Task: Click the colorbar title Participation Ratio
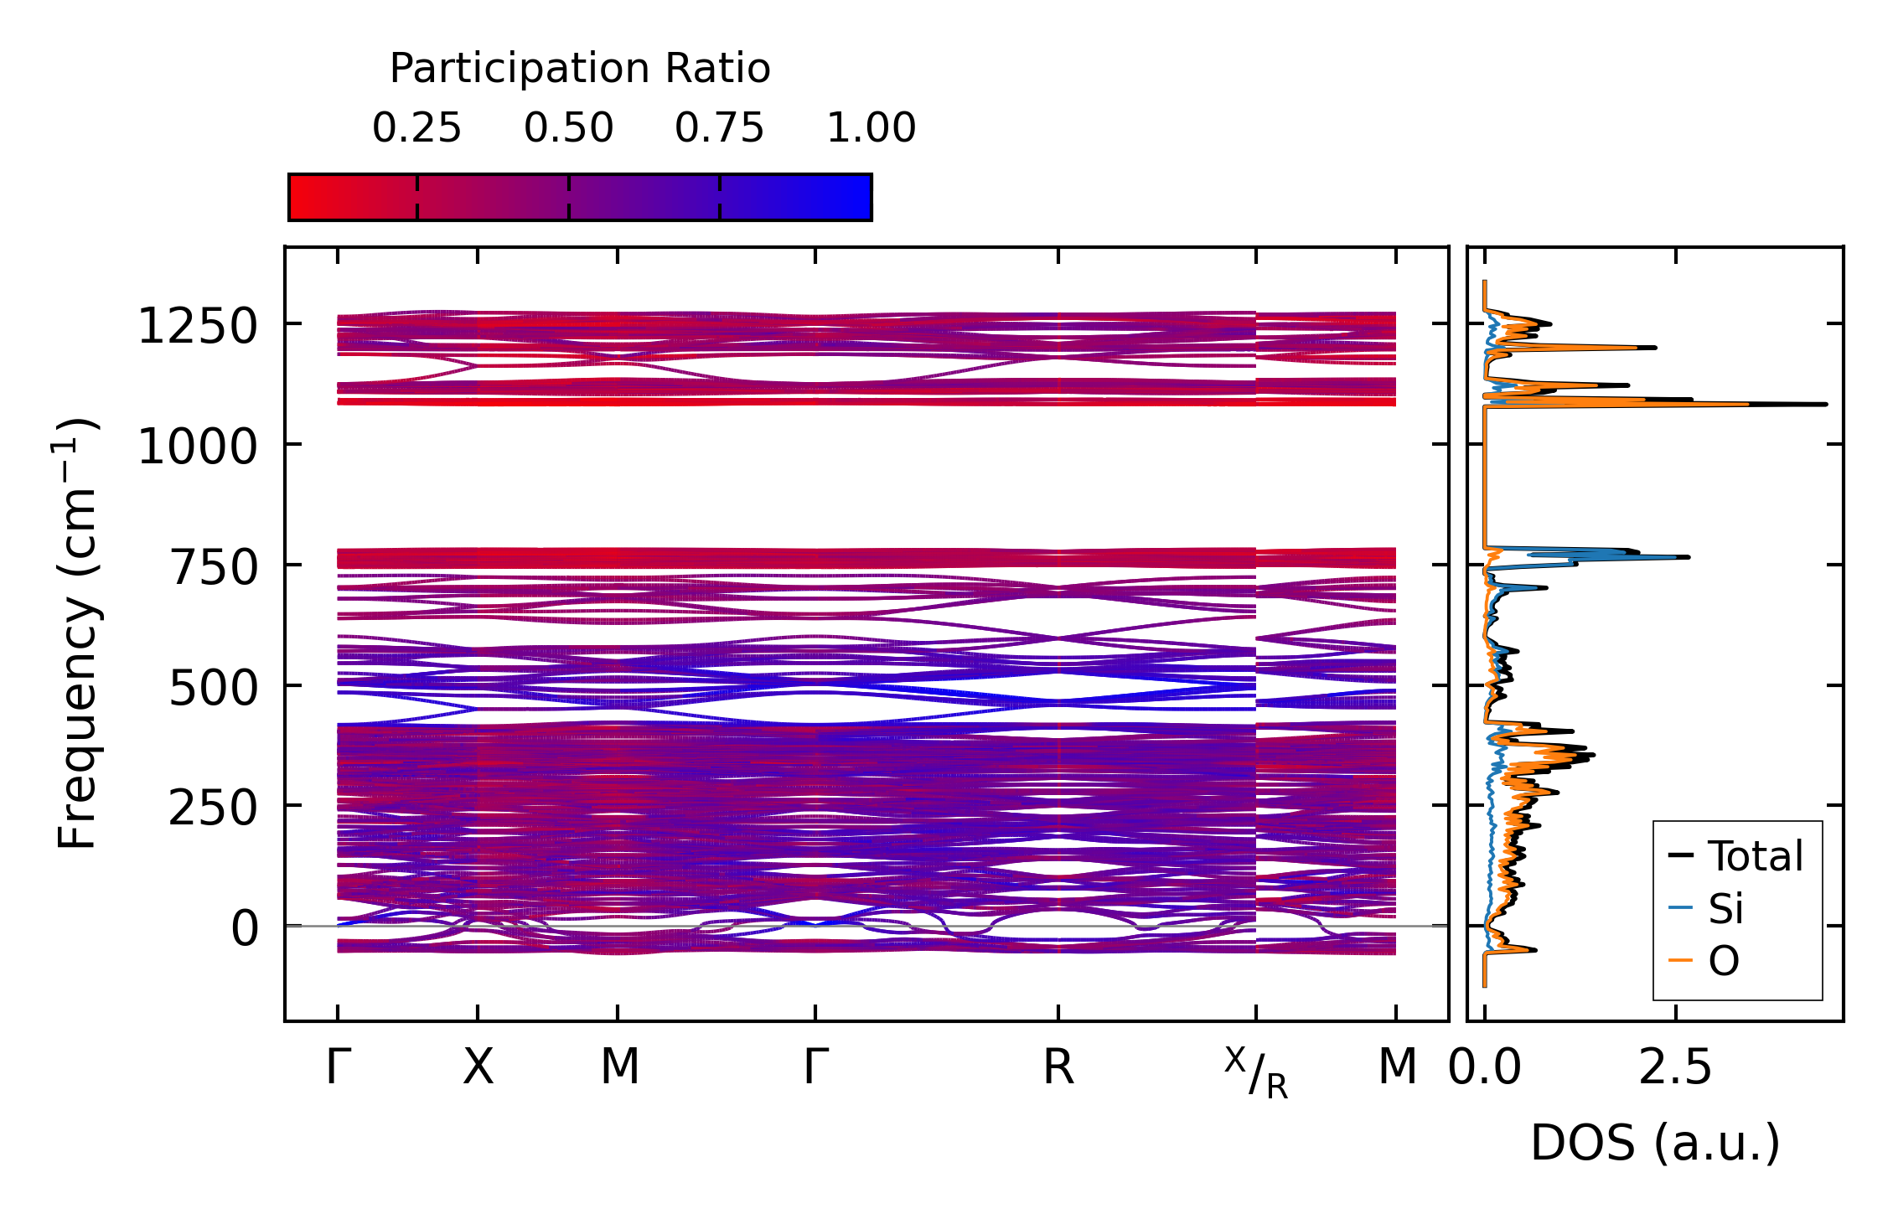pyautogui.click(x=579, y=69)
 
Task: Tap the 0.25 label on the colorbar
pyautogui.click(x=416, y=128)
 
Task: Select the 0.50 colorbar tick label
pyautogui.click(x=568, y=128)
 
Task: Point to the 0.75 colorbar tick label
pyautogui.click(x=719, y=128)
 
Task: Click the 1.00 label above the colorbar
pyautogui.click(x=871, y=128)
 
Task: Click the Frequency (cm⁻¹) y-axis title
pyautogui.click(x=77, y=633)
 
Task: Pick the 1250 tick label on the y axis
pyautogui.click(x=197, y=326)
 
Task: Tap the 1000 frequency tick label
pyautogui.click(x=197, y=446)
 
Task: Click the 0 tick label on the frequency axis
pyautogui.click(x=245, y=929)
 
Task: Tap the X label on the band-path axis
pyautogui.click(x=478, y=1068)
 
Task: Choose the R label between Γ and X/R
pyautogui.click(x=1058, y=1068)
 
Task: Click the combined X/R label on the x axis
pyautogui.click(x=1255, y=1072)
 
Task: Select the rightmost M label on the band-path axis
pyautogui.click(x=1397, y=1068)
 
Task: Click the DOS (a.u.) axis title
pyautogui.click(x=1654, y=1144)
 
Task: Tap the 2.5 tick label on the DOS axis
pyautogui.click(x=1675, y=1068)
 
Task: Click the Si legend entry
pyautogui.click(x=1725, y=909)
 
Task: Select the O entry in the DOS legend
pyautogui.click(x=1724, y=961)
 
